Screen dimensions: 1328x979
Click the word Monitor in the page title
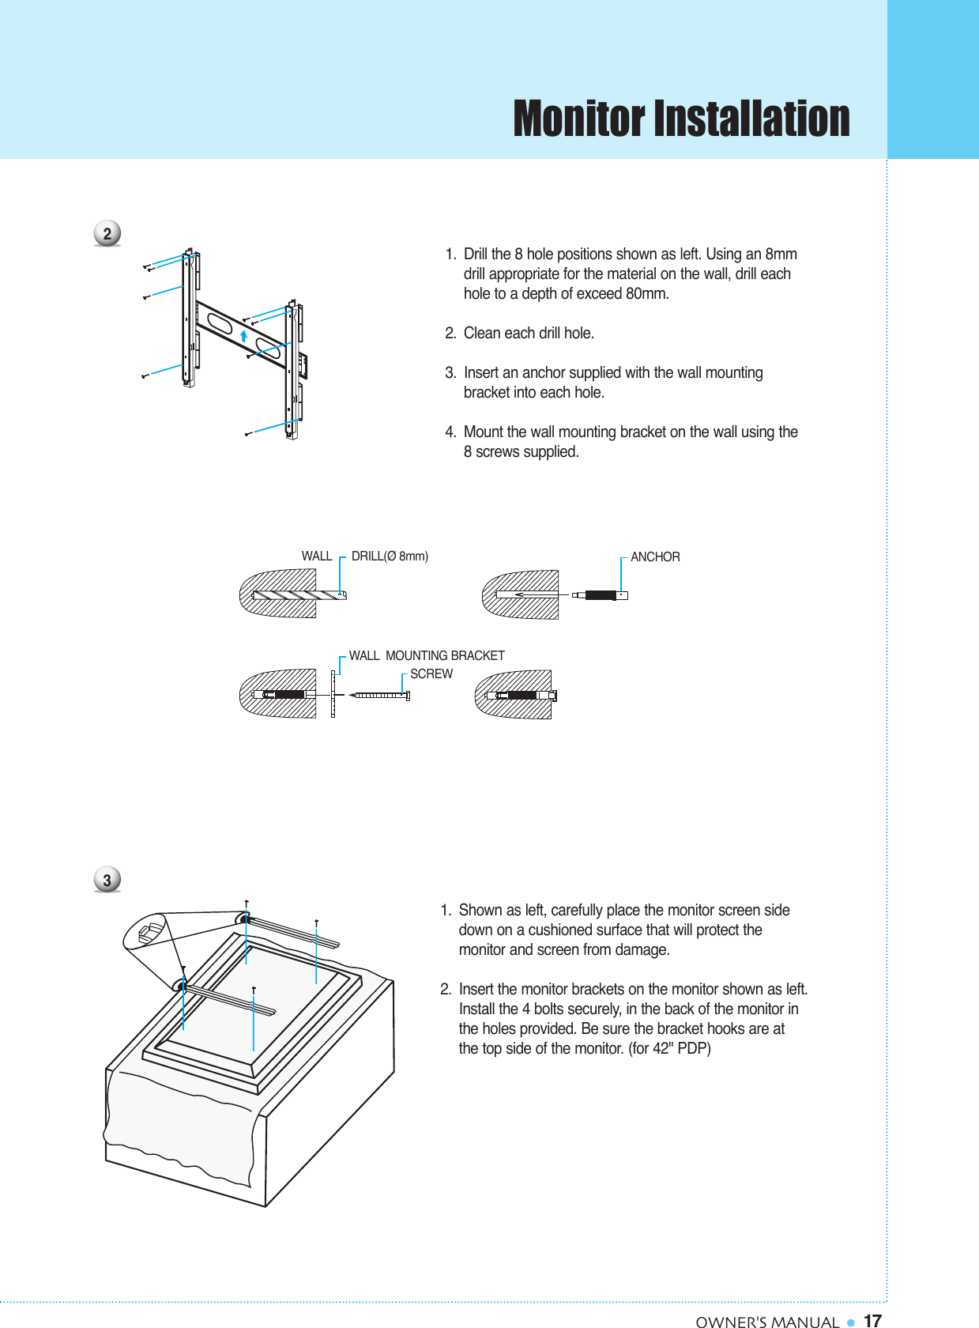(579, 119)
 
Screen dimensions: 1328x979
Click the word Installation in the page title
(751, 119)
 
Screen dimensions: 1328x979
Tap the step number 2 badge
(107, 234)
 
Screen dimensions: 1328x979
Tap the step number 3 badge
(107, 880)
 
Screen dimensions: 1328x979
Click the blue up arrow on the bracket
(244, 336)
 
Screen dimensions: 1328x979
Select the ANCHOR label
(655, 557)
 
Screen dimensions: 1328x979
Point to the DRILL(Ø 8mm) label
(390, 556)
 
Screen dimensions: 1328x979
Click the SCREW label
(431, 674)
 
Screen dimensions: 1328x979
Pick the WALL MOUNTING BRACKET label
(427, 656)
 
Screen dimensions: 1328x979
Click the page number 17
(872, 1321)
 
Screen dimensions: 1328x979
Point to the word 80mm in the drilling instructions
(647, 294)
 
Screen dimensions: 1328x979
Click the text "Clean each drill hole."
(529, 334)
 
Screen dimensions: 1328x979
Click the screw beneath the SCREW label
(380, 696)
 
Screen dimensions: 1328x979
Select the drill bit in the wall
(300, 594)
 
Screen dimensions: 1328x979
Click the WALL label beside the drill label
(317, 556)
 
